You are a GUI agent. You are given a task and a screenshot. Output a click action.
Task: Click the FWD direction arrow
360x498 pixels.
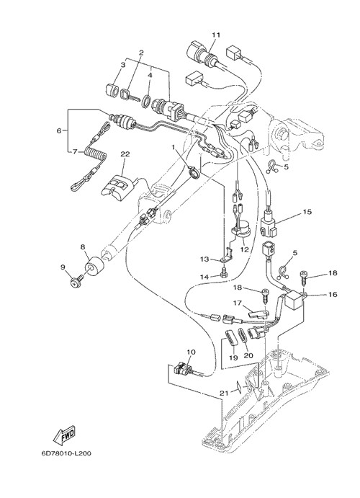click(x=64, y=434)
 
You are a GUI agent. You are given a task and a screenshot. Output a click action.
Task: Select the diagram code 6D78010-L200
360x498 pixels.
click(x=66, y=453)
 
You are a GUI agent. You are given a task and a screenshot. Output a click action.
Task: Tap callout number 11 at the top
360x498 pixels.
click(x=216, y=35)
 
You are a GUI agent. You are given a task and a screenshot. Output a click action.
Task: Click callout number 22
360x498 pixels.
click(x=125, y=154)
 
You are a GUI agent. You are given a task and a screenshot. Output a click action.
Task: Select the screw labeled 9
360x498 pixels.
click(x=77, y=281)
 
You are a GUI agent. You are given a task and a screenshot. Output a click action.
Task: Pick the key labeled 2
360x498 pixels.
click(x=130, y=96)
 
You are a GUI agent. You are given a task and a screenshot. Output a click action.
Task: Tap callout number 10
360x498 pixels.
click(x=192, y=352)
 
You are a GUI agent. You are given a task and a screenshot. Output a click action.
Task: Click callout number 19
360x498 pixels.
click(x=233, y=357)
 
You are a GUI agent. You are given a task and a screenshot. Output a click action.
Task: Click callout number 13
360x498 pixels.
click(x=204, y=259)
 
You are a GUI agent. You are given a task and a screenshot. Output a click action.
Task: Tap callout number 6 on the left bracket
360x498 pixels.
click(x=59, y=130)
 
